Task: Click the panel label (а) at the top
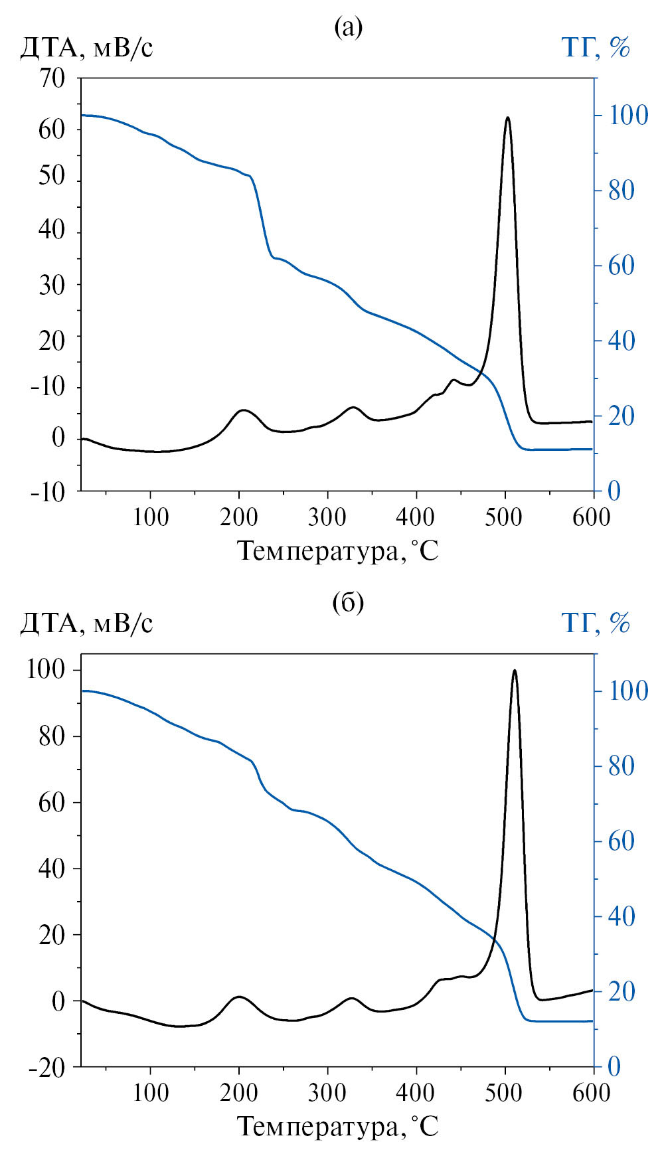348,27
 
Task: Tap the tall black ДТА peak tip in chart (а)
508,118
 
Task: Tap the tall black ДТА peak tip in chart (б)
515,671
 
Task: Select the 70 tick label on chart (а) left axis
52,78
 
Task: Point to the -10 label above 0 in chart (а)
48,387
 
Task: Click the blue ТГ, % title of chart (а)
596,48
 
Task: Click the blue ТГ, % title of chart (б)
596,623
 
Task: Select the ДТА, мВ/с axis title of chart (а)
87,48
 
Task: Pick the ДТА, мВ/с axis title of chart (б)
87,623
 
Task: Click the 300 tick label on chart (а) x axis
327,517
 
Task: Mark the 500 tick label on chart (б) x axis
505,1093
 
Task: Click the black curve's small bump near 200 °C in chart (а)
243,410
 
